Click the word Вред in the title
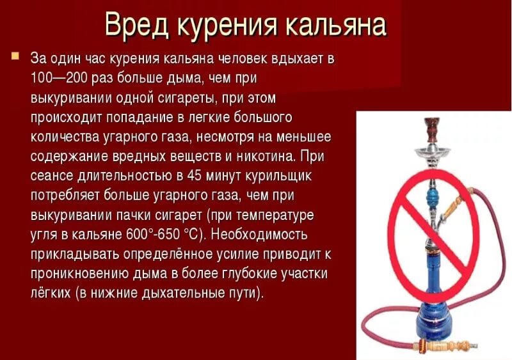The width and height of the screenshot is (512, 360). point(135,26)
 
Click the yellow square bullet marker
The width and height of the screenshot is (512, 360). point(15,56)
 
